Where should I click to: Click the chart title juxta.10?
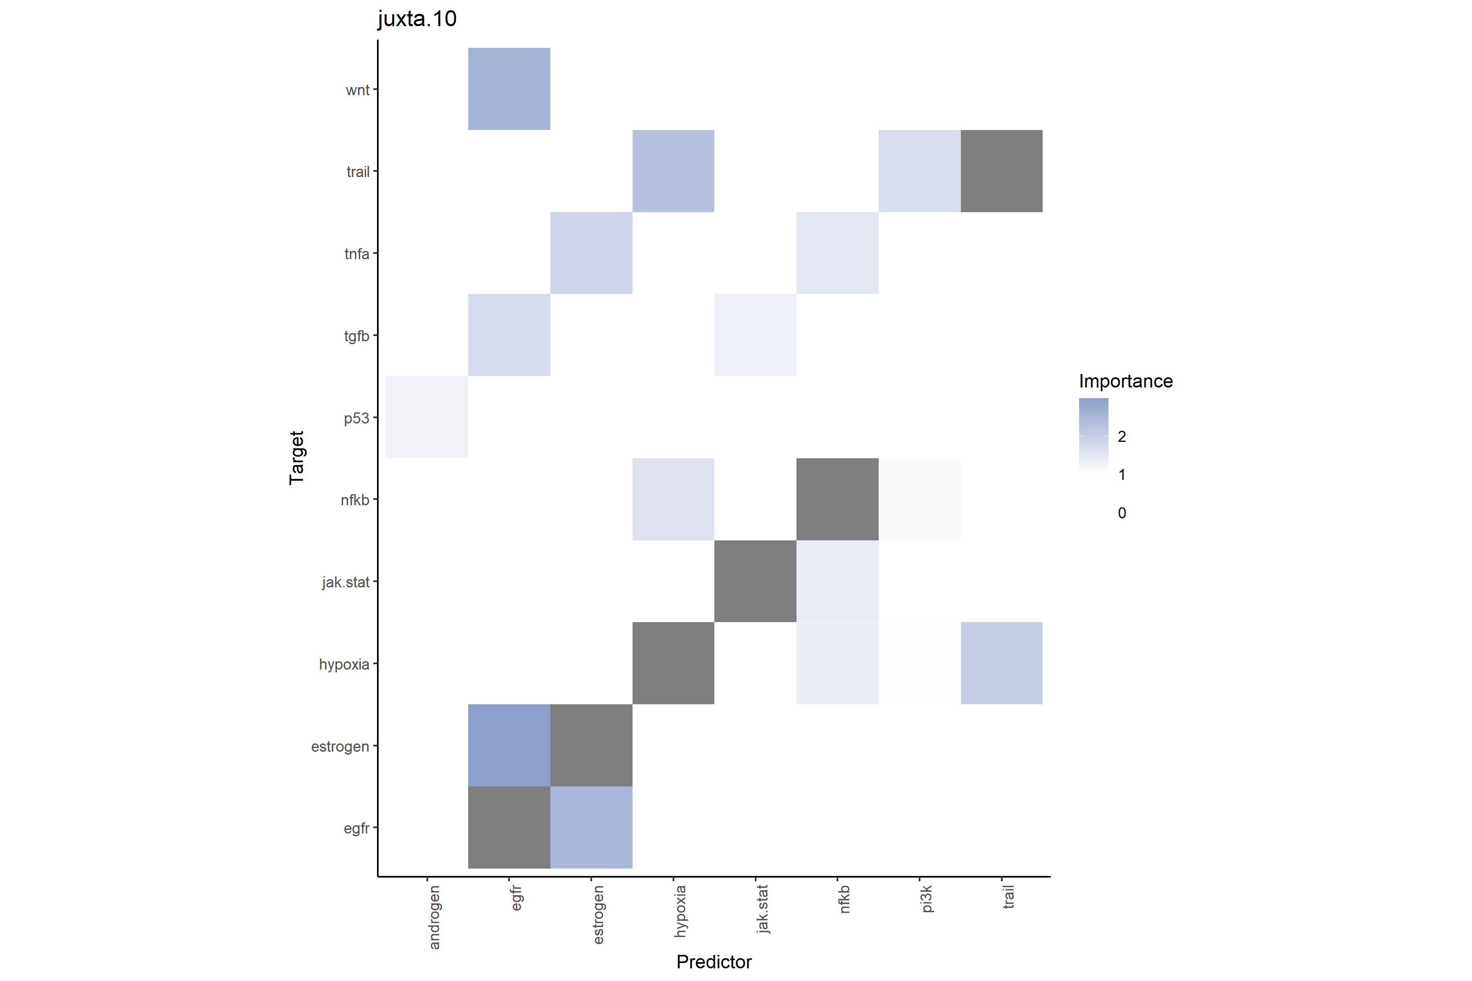417,19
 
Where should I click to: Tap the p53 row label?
356,418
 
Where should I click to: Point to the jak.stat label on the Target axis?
346,582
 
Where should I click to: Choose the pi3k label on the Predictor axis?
927,899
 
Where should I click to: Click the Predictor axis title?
714,962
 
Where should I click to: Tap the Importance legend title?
1125,381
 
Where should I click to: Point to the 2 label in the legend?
1122,437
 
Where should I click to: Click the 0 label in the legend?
1122,513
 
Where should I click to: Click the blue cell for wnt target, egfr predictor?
509,89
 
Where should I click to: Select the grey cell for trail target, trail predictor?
1001,171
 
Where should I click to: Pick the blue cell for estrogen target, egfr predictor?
509,745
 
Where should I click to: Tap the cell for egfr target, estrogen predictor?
591,827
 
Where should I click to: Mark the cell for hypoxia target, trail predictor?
1001,663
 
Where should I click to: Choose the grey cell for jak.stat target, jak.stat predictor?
755,581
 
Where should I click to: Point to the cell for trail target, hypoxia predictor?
673,171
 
